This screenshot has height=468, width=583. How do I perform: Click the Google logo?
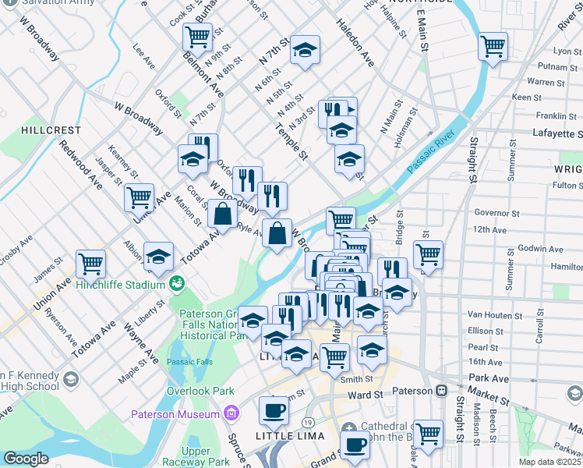[26, 459]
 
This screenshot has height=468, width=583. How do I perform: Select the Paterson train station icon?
[441, 390]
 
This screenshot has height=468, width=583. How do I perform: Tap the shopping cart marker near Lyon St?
[493, 44]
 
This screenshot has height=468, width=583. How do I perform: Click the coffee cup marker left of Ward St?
[274, 409]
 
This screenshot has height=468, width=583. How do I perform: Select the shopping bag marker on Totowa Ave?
[223, 213]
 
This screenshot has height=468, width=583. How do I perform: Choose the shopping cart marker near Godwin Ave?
[428, 253]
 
